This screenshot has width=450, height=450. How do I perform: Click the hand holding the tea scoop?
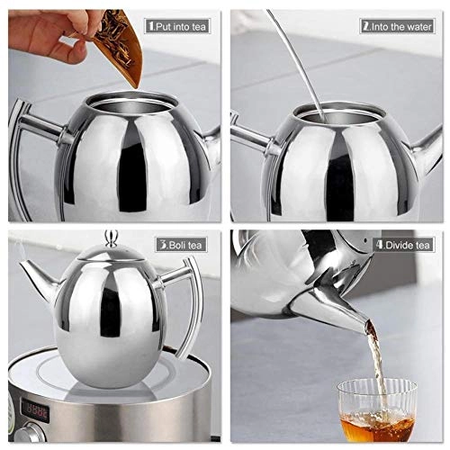pos(45,36)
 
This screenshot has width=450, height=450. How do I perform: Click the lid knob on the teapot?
pos(111,239)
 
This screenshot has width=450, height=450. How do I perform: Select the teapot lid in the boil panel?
pos(110,257)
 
